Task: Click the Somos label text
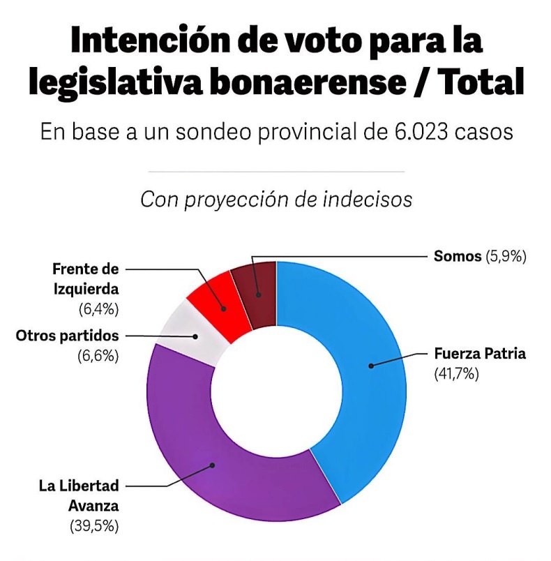pyautogui.click(x=458, y=256)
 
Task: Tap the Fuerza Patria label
pyautogui.click(x=479, y=354)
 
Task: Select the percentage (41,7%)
pyautogui.click(x=456, y=374)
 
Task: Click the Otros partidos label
pyautogui.click(x=67, y=336)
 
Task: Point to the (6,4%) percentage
pyautogui.click(x=98, y=307)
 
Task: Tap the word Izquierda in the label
pyautogui.click(x=85, y=287)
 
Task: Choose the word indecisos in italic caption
pyautogui.click(x=368, y=199)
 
